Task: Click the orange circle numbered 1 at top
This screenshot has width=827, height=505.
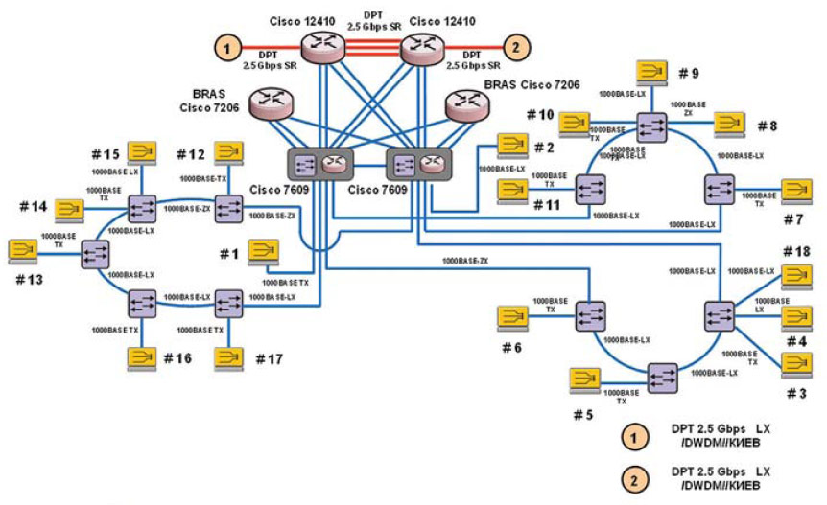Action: (227, 45)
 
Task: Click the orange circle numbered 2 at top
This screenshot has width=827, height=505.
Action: (515, 45)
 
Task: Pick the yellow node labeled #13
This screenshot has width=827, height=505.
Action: (22, 251)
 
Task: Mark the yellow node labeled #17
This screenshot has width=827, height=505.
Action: (227, 357)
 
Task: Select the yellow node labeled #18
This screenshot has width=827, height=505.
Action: (797, 276)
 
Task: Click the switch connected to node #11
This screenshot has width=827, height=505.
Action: (589, 190)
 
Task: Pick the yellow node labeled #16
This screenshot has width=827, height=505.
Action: (143, 357)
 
